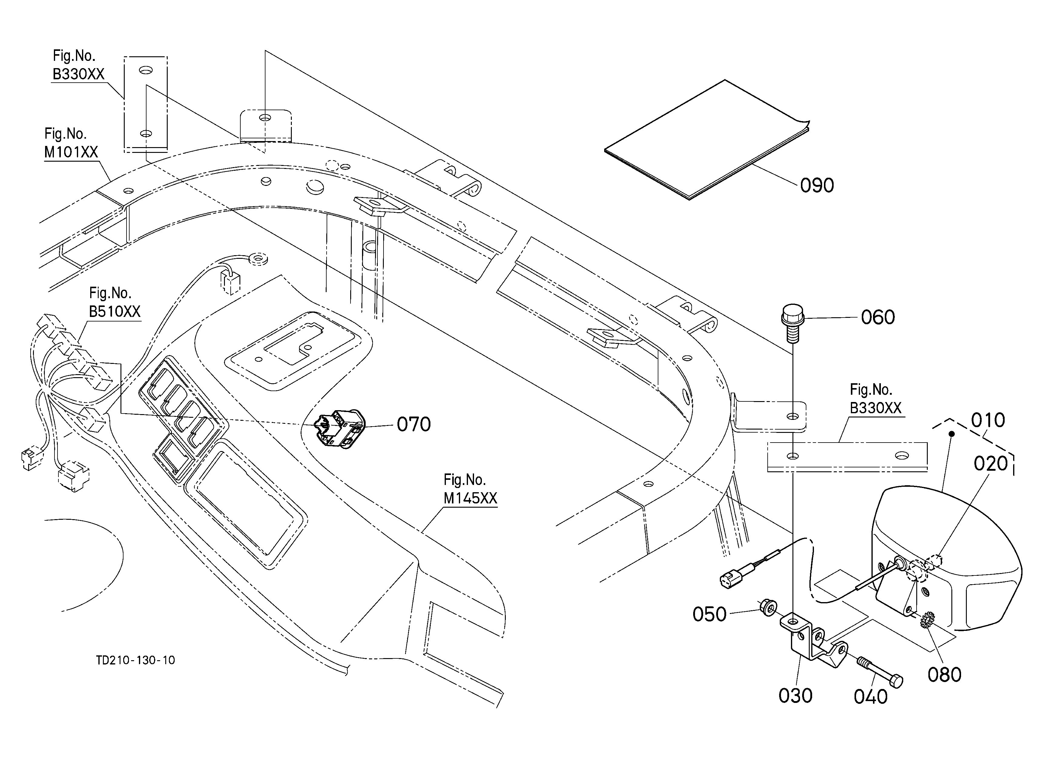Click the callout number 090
click(x=817, y=186)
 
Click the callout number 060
click(x=878, y=318)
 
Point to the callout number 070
click(x=414, y=424)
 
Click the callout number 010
click(x=988, y=420)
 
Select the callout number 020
click(x=990, y=464)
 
